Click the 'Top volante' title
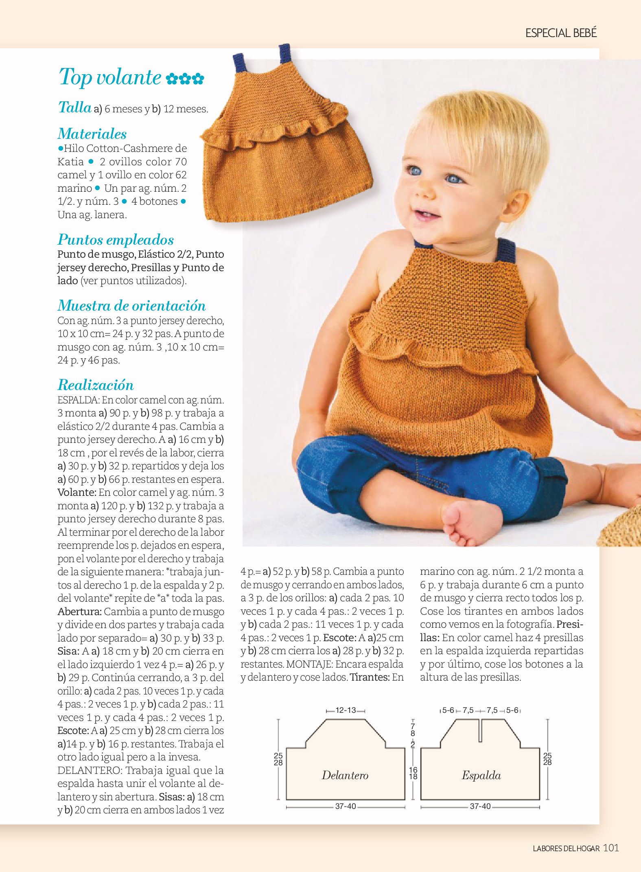tap(110, 77)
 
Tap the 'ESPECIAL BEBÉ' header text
tap(561, 33)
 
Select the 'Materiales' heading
tap(92, 134)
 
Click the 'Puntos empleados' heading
tap(116, 239)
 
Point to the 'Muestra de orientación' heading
tap(131, 305)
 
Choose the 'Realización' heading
tap(96, 385)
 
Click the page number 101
tap(611, 848)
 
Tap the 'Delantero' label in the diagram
tap(345, 775)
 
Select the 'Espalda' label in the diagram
tap(481, 775)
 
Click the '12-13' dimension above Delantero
tap(346, 710)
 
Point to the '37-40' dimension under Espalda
tap(480, 806)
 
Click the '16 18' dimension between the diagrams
tap(413, 773)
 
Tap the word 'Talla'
tap(75, 107)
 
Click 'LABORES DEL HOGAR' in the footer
tap(566, 849)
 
